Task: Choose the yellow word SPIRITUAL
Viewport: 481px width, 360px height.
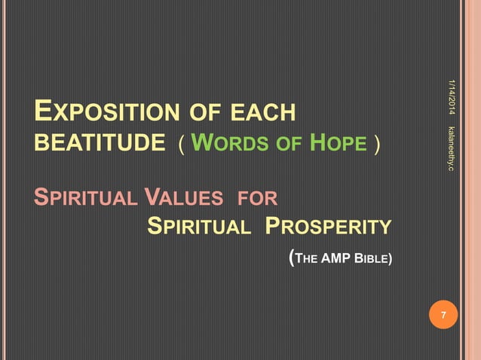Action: pos(198,227)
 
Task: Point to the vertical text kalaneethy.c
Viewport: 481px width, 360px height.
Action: pos(452,148)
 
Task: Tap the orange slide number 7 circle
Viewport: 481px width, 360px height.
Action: pos(443,315)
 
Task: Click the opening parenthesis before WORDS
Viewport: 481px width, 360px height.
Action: pos(181,144)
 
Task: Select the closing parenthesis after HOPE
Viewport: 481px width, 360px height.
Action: pos(374,144)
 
